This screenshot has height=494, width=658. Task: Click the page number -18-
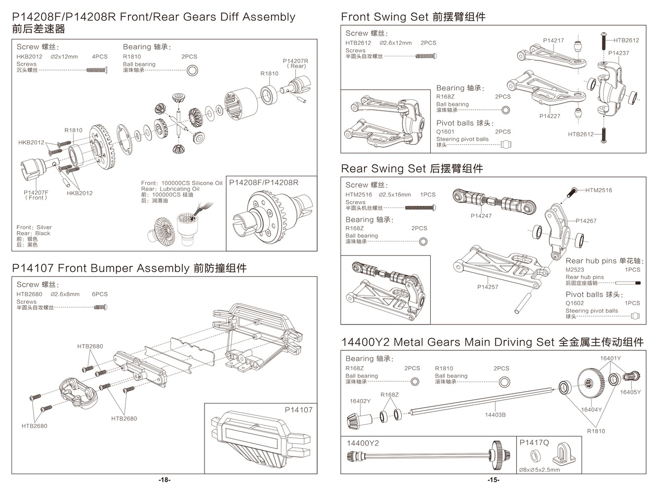pos(164,480)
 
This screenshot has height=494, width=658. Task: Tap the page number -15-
pos(493,480)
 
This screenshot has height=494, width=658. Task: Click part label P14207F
pos(36,193)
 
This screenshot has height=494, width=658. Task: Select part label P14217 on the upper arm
pos(553,41)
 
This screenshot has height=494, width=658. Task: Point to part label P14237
pos(618,53)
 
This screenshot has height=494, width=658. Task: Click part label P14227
pos(550,116)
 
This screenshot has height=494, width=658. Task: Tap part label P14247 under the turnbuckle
pos(481,216)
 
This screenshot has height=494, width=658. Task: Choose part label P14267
pos(586,221)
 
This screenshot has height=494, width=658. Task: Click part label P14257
pos(488,287)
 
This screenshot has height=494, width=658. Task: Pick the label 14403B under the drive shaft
pos(495,415)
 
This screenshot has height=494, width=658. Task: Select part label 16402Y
pos(360,401)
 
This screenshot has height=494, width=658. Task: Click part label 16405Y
pos(630,392)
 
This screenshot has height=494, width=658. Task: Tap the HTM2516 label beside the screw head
pos(599,190)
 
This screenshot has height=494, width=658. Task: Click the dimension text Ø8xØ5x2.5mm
pos(539,470)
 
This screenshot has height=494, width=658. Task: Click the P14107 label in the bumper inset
pos(298,410)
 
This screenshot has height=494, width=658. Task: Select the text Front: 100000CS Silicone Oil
pos(182,183)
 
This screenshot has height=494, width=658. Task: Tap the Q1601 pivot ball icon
pos(506,145)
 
